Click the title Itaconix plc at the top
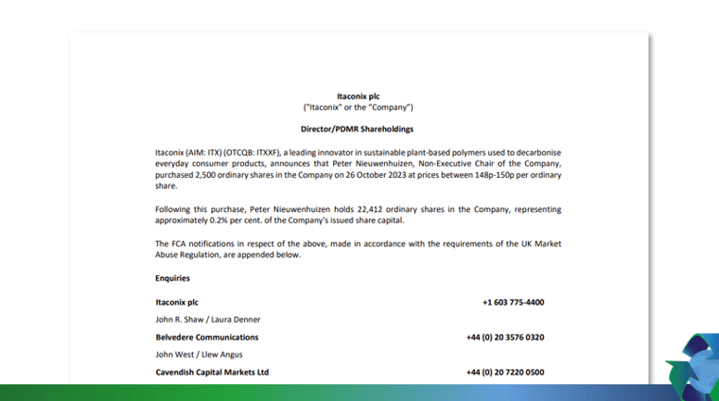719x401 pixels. [x=358, y=96]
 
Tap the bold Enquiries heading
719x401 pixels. [x=172, y=278]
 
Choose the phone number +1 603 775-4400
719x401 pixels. [x=513, y=303]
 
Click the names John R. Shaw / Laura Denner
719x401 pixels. [x=207, y=320]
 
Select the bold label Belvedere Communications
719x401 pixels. [x=206, y=337]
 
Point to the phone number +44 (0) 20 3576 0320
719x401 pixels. [x=504, y=337]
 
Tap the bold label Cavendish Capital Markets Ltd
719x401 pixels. [x=212, y=372]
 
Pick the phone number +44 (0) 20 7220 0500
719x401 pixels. [x=504, y=372]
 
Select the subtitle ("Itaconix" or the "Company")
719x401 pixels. [x=358, y=107]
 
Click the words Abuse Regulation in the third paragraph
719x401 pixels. [x=192, y=254]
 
